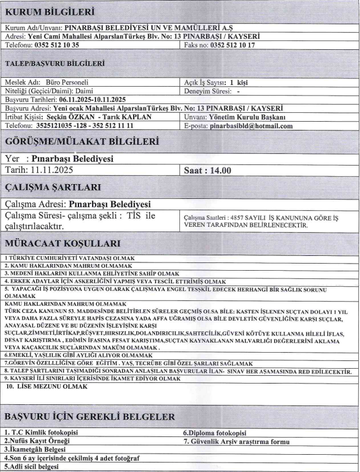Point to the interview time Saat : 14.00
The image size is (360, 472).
209,170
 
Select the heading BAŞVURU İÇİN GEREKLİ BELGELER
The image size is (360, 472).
90,415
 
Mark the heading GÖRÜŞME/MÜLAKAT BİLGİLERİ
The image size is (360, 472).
82,142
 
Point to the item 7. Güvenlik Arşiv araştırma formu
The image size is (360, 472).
236,441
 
